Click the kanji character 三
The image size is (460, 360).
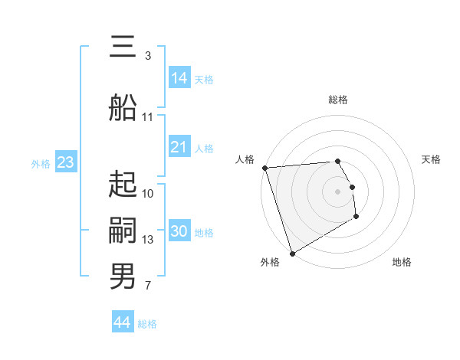click(123, 48)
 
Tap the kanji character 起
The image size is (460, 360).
click(123, 185)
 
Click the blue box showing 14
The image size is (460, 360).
click(179, 78)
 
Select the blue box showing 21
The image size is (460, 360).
click(179, 147)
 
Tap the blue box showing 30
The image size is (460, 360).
click(179, 231)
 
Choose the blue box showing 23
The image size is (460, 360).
click(65, 162)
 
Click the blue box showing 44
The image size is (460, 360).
click(123, 322)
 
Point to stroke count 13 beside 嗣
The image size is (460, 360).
click(149, 240)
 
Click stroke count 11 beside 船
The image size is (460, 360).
click(148, 117)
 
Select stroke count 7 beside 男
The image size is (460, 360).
click(148, 286)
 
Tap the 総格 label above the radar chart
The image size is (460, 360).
click(338, 100)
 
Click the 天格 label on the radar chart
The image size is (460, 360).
click(432, 159)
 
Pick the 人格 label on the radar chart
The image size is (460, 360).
click(245, 159)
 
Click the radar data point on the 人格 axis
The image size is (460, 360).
click(264, 168)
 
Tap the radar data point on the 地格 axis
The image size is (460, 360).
click(357, 218)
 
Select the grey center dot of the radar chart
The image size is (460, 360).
click(338, 191)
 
